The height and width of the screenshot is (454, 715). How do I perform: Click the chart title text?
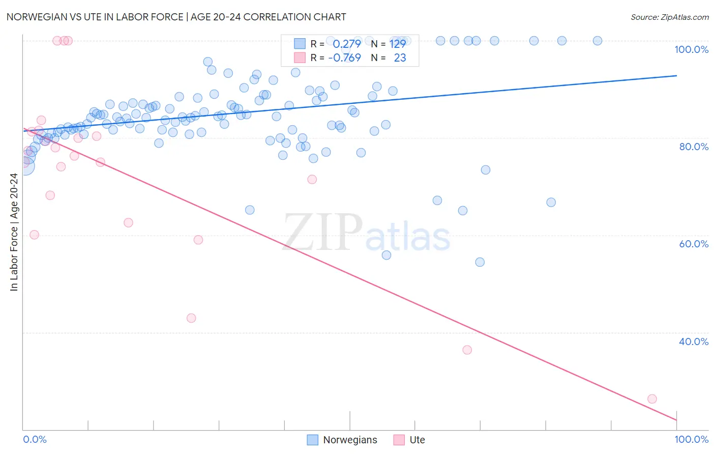click(x=176, y=17)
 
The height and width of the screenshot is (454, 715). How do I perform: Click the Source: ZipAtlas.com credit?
click(x=669, y=17)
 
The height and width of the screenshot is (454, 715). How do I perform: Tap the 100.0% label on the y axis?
click(x=691, y=49)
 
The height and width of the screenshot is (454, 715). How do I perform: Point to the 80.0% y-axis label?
click(x=693, y=147)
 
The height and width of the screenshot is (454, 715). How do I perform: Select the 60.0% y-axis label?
click(x=693, y=244)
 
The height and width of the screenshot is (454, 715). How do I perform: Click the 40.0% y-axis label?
click(x=693, y=342)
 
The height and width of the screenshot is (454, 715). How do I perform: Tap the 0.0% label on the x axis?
click(x=35, y=439)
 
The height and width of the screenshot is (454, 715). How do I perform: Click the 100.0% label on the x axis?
click(x=691, y=439)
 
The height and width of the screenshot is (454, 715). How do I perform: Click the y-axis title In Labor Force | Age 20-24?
click(x=14, y=232)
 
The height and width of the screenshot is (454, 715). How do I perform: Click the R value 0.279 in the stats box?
click(x=346, y=44)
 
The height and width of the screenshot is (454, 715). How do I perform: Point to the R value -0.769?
click(x=344, y=58)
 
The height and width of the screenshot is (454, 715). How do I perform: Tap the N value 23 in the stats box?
click(x=400, y=58)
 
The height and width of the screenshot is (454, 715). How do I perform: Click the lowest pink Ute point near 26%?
click(x=652, y=399)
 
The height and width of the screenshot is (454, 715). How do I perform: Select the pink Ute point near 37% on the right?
click(x=467, y=350)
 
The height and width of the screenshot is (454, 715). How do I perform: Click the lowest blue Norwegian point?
click(x=480, y=262)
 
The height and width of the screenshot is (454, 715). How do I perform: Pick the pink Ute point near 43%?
click(x=191, y=318)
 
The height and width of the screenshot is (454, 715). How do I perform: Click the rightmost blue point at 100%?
click(x=598, y=41)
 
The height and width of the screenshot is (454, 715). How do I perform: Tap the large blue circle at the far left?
click(x=25, y=166)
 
